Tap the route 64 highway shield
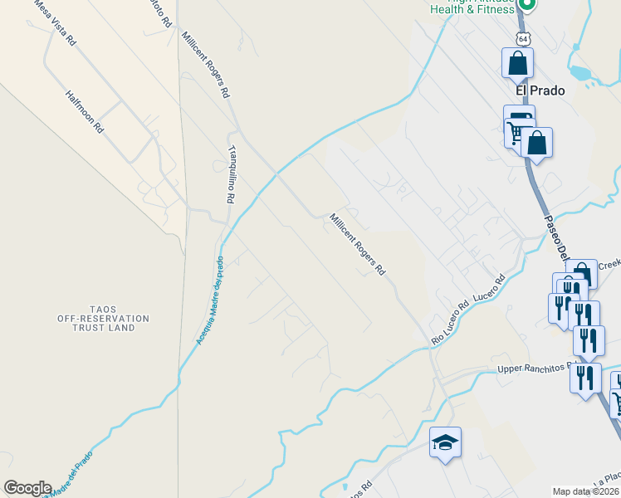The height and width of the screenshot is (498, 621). (522, 39)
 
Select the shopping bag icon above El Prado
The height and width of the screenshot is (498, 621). (517, 62)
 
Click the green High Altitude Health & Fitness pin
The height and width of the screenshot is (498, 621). (526, 4)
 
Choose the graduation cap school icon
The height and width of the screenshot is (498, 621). (445, 442)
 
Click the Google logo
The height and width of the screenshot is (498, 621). (27, 488)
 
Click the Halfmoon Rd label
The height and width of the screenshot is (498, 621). (84, 112)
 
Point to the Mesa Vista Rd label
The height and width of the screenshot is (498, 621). (55, 22)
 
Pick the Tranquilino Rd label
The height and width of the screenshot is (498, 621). (232, 174)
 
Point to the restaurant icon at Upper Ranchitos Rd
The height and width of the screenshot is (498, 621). (585, 377)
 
